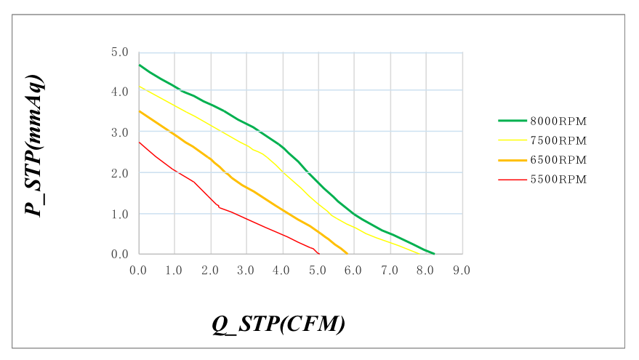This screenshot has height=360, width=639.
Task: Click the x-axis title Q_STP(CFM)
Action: [278, 324]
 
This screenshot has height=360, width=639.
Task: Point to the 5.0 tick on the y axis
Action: [119, 52]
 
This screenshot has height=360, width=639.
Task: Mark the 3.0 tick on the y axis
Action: [119, 132]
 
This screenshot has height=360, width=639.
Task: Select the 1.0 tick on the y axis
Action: [119, 214]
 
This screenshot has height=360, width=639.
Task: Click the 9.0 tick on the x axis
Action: [462, 270]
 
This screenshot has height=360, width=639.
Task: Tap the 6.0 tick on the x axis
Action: [354, 270]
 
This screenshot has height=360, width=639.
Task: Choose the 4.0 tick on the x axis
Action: [282, 270]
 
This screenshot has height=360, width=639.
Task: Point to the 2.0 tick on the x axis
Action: [210, 270]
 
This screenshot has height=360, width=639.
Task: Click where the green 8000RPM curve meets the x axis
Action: [434, 254]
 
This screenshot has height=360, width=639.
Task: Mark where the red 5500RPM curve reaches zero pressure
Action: [319, 254]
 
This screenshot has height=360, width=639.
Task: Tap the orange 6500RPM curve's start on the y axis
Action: [139, 111]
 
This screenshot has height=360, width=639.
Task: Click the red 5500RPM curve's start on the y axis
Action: [139, 142]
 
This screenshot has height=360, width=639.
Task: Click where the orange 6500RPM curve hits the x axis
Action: [348, 254]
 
